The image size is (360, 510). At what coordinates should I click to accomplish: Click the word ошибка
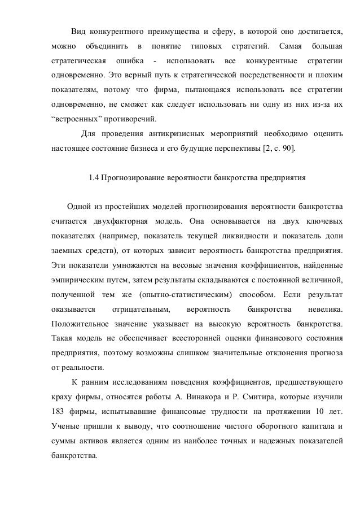tap(129, 60)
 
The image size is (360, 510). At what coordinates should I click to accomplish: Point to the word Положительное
tap(79, 324)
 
